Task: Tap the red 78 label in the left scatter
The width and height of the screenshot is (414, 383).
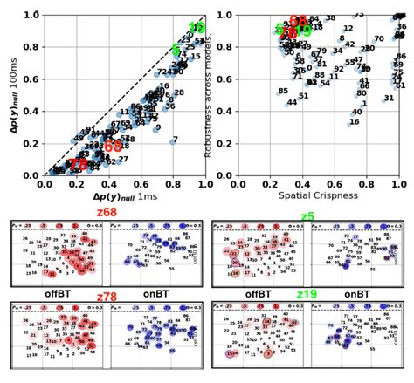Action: (79, 164)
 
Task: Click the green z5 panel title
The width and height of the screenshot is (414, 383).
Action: (307, 215)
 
